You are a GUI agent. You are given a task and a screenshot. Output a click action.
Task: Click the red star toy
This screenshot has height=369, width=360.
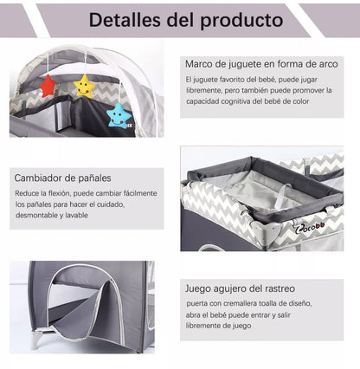point(48,85)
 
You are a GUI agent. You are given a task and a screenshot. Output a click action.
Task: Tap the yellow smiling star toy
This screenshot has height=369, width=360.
point(84,86)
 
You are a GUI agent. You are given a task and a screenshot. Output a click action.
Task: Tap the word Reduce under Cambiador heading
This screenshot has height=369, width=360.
point(28,192)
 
